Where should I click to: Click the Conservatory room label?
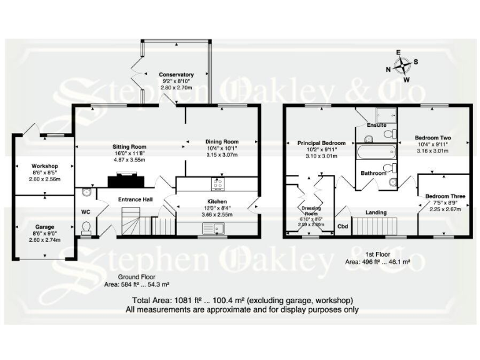pos(176,75)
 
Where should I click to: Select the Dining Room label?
pos(222,142)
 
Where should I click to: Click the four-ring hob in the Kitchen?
pos(219,184)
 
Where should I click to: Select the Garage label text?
pos(44,227)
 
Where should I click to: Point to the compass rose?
pos(404,66)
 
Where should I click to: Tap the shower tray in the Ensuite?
pos(381,114)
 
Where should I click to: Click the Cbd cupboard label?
pos(342,226)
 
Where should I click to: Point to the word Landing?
pos(376,212)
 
